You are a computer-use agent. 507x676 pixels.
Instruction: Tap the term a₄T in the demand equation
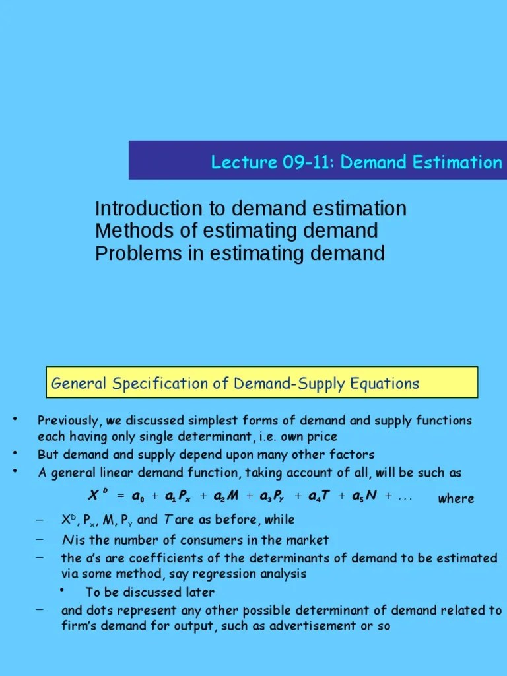[319, 496]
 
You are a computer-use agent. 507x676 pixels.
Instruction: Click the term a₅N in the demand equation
[364, 496]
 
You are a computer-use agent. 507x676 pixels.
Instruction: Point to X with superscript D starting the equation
[97, 495]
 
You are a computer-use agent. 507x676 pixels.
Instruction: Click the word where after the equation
[456, 498]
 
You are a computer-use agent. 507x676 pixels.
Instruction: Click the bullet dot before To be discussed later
[61, 590]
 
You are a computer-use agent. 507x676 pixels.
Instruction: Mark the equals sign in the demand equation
[120, 496]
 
